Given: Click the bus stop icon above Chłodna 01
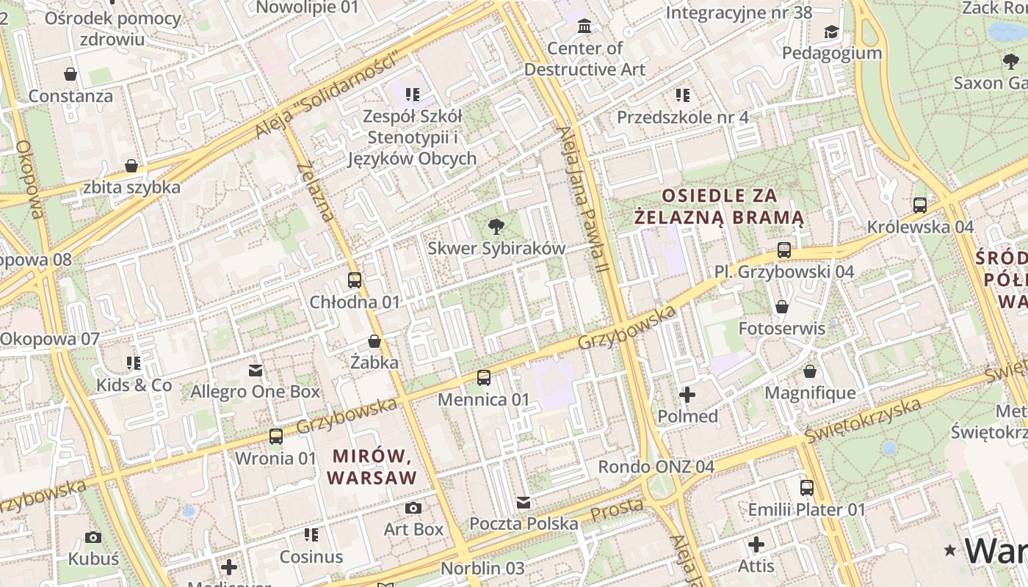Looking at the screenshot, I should pos(355,280).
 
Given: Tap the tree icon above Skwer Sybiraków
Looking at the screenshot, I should pos(496,226).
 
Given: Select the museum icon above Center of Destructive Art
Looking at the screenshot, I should pos(584,26).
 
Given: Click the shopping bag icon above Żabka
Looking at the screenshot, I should pos(374,341).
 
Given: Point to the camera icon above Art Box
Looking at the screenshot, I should pos(413,508).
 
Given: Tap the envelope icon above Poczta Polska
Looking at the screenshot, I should pos(524,503).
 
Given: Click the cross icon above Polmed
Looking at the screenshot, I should pos(687,395).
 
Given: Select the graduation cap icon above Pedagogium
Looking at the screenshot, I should pos(831,32).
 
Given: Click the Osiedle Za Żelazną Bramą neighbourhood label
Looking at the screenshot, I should pos(719,206).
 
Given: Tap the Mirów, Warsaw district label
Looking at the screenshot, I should pos(372,467).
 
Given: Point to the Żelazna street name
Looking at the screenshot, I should pos(316,192).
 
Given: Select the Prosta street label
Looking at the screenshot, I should pos(617,508).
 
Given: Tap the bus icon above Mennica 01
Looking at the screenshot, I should pos(484,378).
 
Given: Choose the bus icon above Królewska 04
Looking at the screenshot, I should pos(920,205).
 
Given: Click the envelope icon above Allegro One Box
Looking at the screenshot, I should pos(256,371).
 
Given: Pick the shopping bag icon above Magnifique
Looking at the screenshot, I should pos(810,372).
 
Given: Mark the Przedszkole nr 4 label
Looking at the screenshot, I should pos(682,117).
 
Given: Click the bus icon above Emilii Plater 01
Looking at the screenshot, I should pos(807,488).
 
